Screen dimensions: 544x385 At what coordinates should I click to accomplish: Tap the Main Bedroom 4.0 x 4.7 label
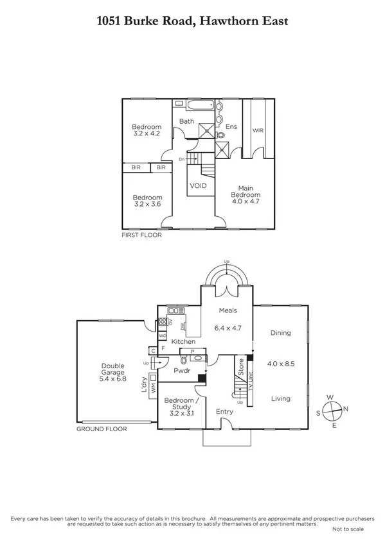click(x=246, y=194)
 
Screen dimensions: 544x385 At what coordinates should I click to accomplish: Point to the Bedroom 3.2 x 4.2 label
click(x=147, y=130)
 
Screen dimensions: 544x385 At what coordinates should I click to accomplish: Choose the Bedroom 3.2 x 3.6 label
click(x=147, y=201)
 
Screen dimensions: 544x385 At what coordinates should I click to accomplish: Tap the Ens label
click(x=231, y=127)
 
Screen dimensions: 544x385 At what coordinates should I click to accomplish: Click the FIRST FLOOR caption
click(x=142, y=235)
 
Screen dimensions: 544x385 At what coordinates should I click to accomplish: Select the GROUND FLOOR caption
click(x=102, y=429)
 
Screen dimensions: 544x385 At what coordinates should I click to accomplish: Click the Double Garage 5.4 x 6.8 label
click(x=112, y=373)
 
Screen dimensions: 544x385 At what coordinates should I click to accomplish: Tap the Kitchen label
click(x=183, y=342)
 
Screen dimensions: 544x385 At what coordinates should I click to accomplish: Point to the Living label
click(x=280, y=398)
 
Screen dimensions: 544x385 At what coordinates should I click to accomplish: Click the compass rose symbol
click(x=332, y=410)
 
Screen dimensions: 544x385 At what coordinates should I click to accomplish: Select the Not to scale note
click(x=348, y=529)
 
